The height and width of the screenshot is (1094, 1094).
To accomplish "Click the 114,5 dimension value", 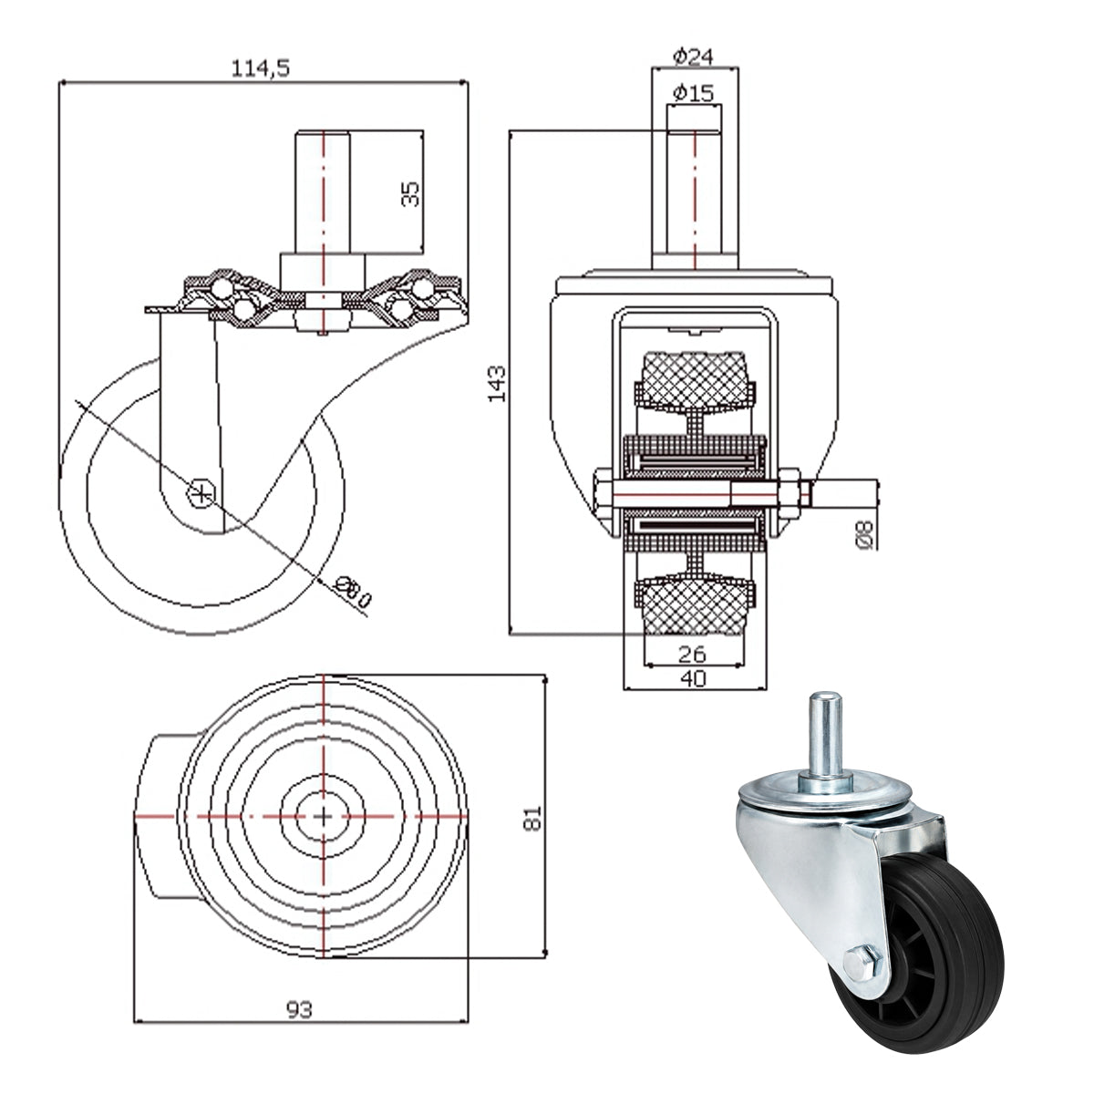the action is point(261,68).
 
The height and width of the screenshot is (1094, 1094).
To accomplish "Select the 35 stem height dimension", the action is point(410,193).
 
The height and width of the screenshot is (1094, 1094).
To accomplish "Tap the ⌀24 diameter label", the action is point(693,57).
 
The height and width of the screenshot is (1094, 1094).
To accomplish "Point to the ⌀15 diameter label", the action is point(693,93).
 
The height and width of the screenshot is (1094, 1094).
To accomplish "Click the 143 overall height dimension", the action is point(497,384).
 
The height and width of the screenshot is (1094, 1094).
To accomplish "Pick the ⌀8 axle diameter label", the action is point(863,535).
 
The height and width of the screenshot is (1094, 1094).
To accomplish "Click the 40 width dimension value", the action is point(693,678).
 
